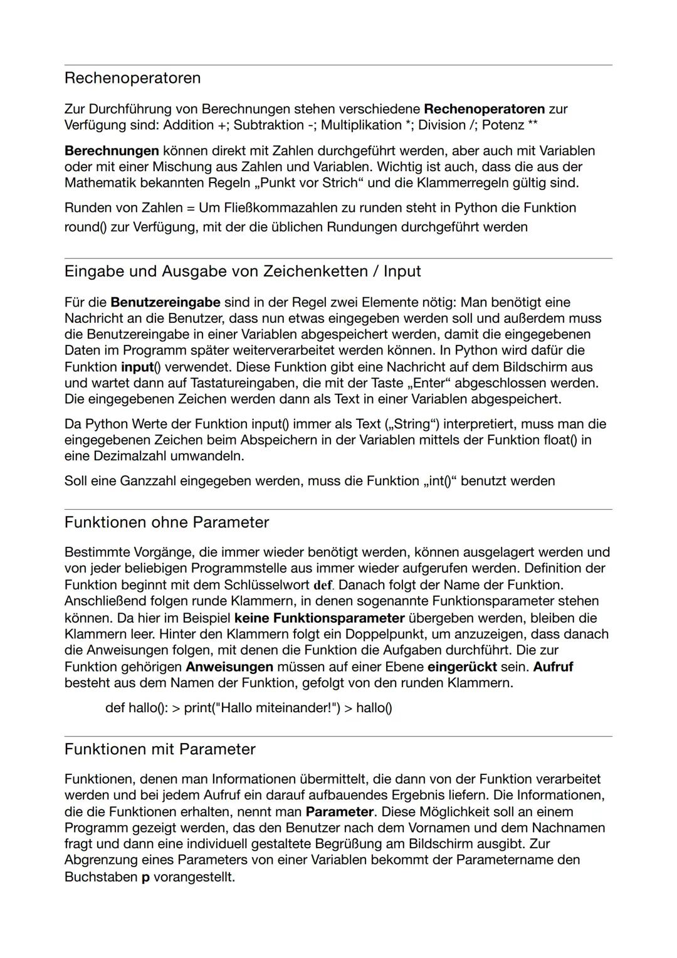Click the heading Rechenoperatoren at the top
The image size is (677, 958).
pos(132,78)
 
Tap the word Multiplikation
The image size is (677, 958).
pos(360,125)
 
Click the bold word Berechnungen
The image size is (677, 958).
pos(112,150)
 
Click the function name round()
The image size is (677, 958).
pos(85,227)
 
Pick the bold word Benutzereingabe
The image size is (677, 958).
pos(165,302)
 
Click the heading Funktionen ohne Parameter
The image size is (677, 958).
pos(166,522)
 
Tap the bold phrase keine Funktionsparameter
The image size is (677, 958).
pos(319,618)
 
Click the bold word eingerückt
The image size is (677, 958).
pos(462,666)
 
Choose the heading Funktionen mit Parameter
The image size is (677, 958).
pos(160,749)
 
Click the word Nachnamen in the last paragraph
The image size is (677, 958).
pos(570,828)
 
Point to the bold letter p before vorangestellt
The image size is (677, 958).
pos(145,876)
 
